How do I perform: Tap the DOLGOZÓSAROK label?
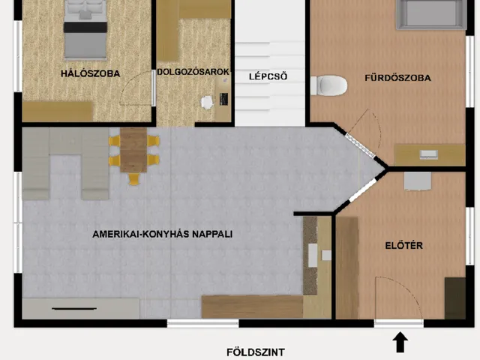193,73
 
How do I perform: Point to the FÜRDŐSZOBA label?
391,77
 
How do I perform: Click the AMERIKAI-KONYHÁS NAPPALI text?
163,234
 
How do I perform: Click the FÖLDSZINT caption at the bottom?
256,351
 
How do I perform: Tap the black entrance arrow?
400,343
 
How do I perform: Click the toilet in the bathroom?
328,85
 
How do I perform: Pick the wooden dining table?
133,149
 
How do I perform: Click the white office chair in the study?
206,101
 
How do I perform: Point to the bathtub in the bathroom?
431,13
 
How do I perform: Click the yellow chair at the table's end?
133,179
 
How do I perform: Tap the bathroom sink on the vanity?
429,154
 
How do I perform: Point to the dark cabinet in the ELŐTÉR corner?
454,298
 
